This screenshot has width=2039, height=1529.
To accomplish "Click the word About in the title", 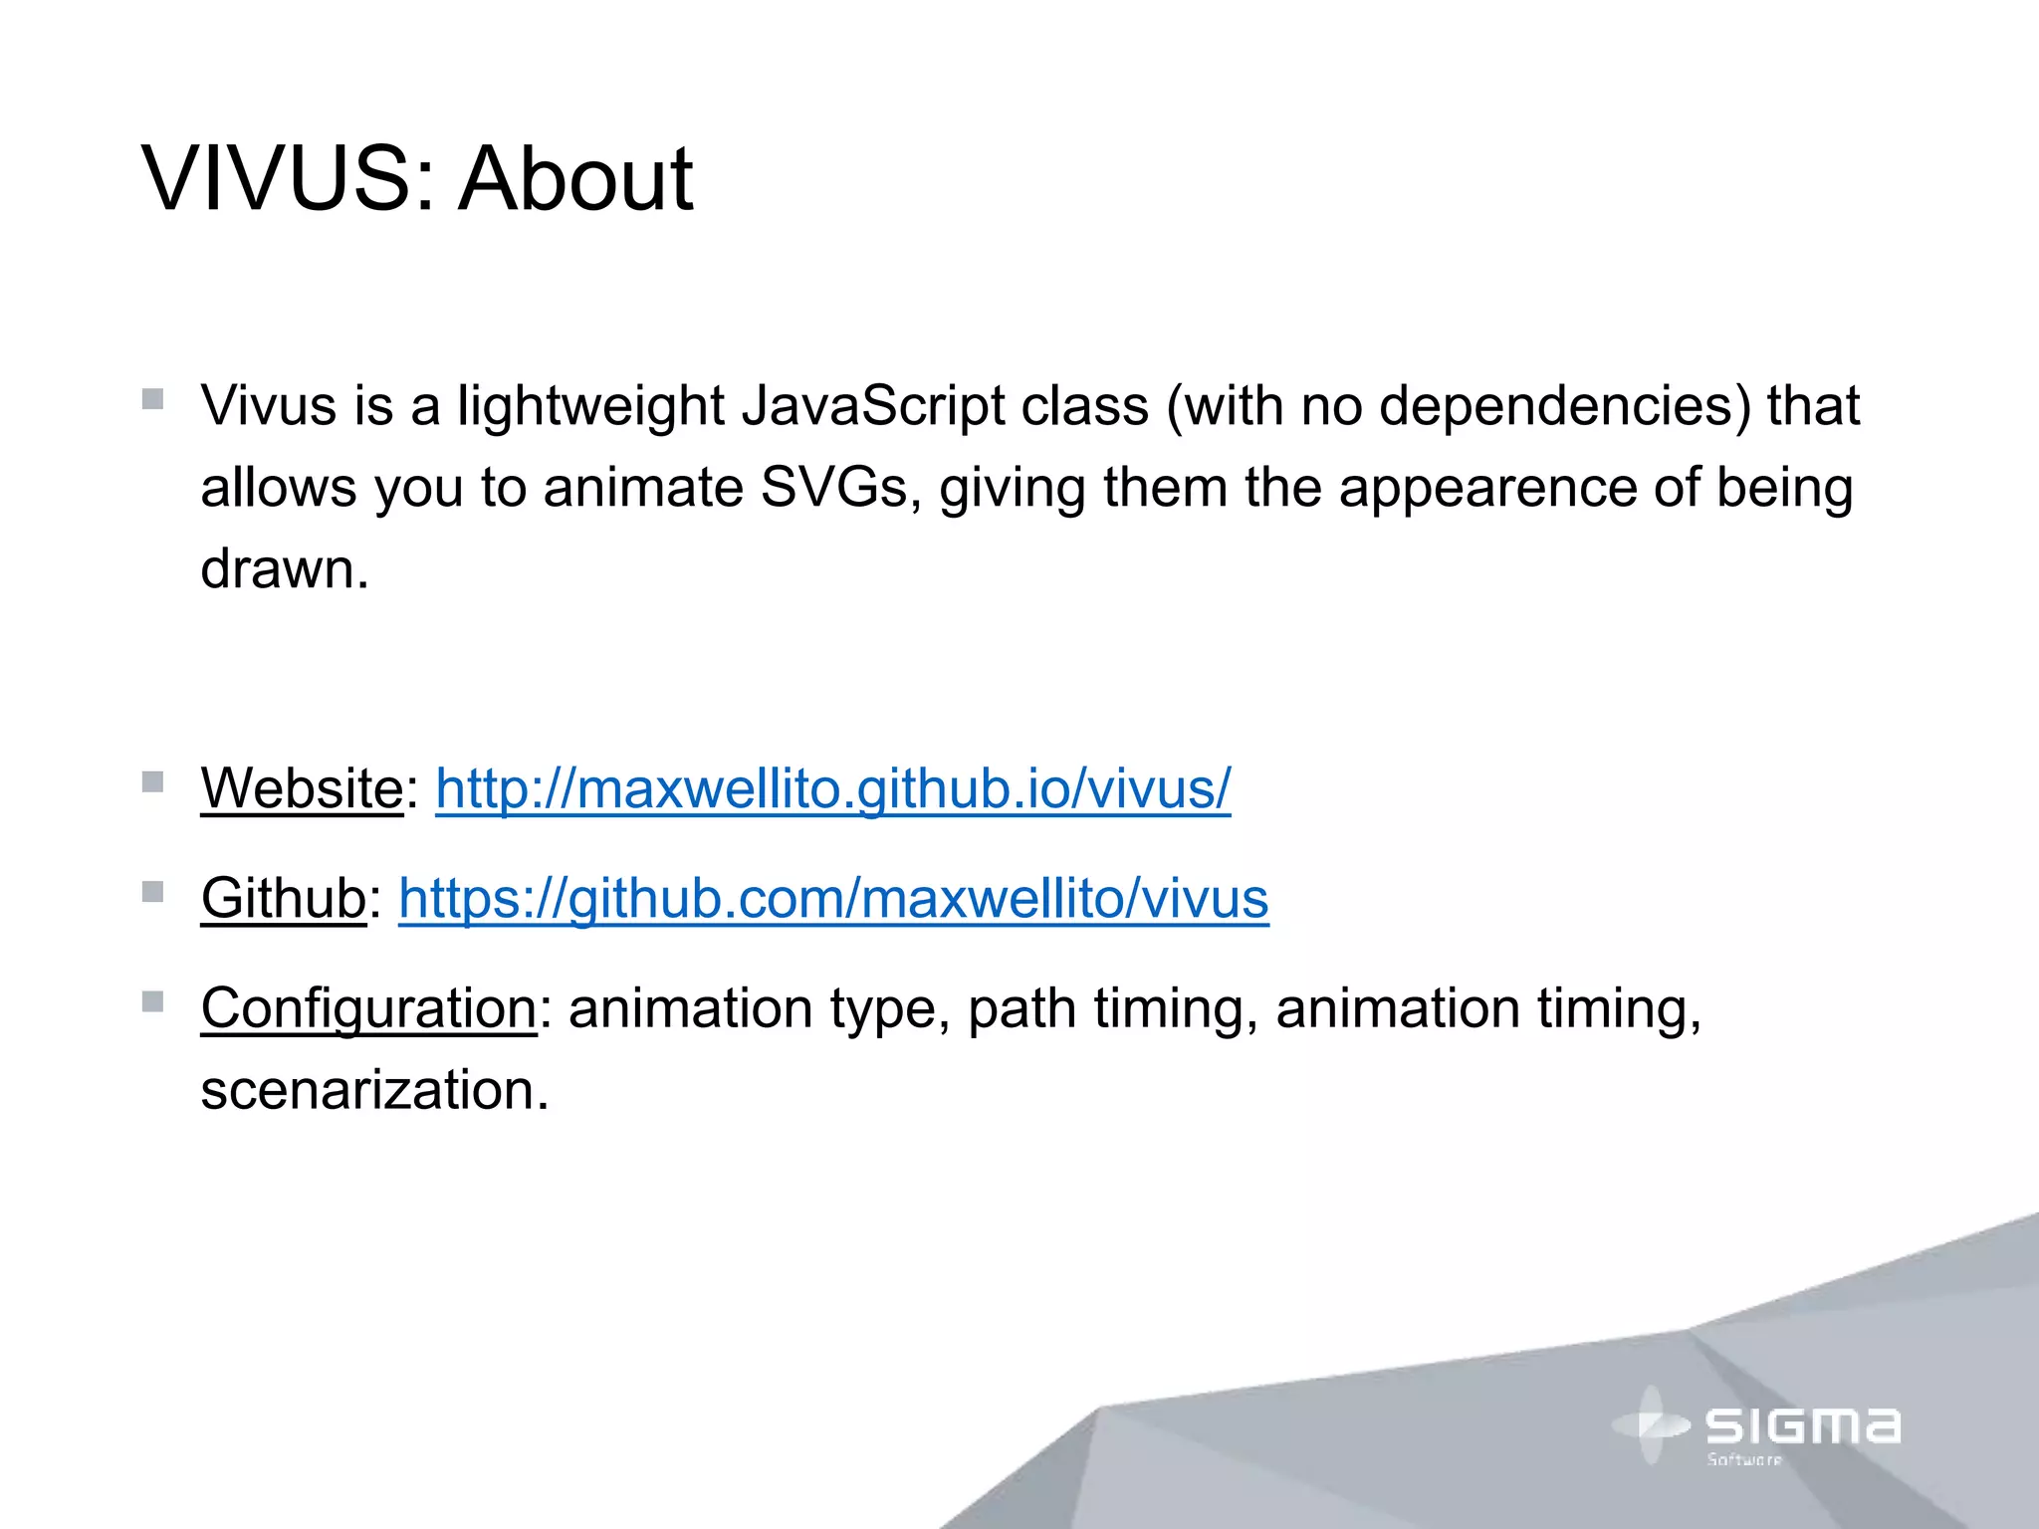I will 574,179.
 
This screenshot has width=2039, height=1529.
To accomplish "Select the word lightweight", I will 590,407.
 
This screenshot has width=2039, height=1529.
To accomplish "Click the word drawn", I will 284,570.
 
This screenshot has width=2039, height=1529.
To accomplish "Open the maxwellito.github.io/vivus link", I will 832,789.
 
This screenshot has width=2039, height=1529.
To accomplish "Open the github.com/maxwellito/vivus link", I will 833,899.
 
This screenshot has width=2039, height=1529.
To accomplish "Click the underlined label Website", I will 302,789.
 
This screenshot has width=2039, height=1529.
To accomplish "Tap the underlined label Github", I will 284,899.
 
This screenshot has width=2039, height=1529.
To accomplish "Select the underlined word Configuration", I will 368,1008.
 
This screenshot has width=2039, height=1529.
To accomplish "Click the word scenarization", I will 374,1090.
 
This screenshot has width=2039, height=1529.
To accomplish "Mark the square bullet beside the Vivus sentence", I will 152,399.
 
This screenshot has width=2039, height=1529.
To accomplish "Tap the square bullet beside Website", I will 152,781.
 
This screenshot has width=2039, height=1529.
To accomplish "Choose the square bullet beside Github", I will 152,891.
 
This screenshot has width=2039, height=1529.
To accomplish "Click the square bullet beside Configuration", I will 152,1000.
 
